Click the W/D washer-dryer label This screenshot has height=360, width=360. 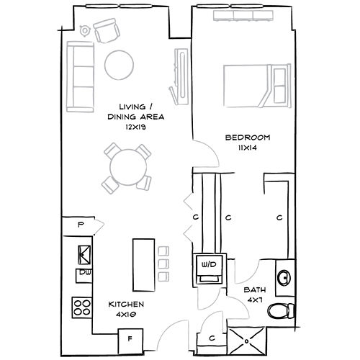209,264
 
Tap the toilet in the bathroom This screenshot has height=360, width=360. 281,311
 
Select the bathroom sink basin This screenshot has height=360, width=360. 284,278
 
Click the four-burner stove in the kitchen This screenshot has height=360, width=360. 82,307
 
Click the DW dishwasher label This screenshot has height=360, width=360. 84,272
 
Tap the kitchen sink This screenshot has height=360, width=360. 84,255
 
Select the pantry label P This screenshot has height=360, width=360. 81,225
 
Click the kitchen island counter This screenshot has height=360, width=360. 143,265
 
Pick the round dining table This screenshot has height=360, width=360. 128,167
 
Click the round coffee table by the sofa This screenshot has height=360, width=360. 119,65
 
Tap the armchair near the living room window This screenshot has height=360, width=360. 107,30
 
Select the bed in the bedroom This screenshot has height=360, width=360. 257,86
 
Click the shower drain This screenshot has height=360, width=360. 246,341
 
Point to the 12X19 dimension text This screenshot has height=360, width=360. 135,127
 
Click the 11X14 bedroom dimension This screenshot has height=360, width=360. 248,148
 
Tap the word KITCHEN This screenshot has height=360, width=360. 126,305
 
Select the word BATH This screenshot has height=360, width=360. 255,290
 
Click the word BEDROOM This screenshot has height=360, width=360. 248,138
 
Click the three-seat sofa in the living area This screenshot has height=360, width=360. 80,77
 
